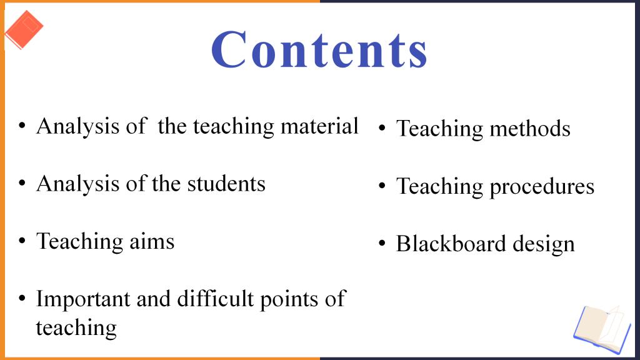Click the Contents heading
tap(319, 49)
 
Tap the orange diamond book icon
tap(24, 29)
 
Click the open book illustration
tap(602, 329)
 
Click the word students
tap(226, 184)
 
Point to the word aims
tap(152, 241)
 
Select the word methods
tap(530, 129)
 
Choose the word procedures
tap(542, 187)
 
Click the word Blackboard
tap(451, 244)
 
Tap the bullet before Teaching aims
tap(22, 241)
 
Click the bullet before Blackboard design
tap(382, 244)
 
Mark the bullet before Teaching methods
tap(382, 128)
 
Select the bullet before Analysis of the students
tap(22, 183)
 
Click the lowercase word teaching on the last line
tap(76, 327)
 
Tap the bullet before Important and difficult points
tap(22, 298)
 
